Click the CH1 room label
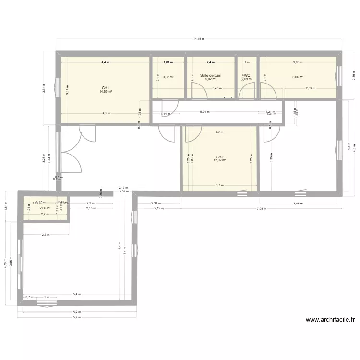tap(105, 88)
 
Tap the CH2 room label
tap(219, 157)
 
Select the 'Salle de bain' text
tap(211, 75)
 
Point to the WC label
tap(247, 75)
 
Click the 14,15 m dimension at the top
tap(199, 39)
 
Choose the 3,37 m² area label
tap(168, 76)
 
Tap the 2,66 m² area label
tap(45, 208)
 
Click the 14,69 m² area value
tap(106, 92)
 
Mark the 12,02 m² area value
tap(220, 160)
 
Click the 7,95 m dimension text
tap(262, 209)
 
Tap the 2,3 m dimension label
tap(46, 235)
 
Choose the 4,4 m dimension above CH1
tap(105, 62)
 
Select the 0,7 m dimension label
tap(29, 297)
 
